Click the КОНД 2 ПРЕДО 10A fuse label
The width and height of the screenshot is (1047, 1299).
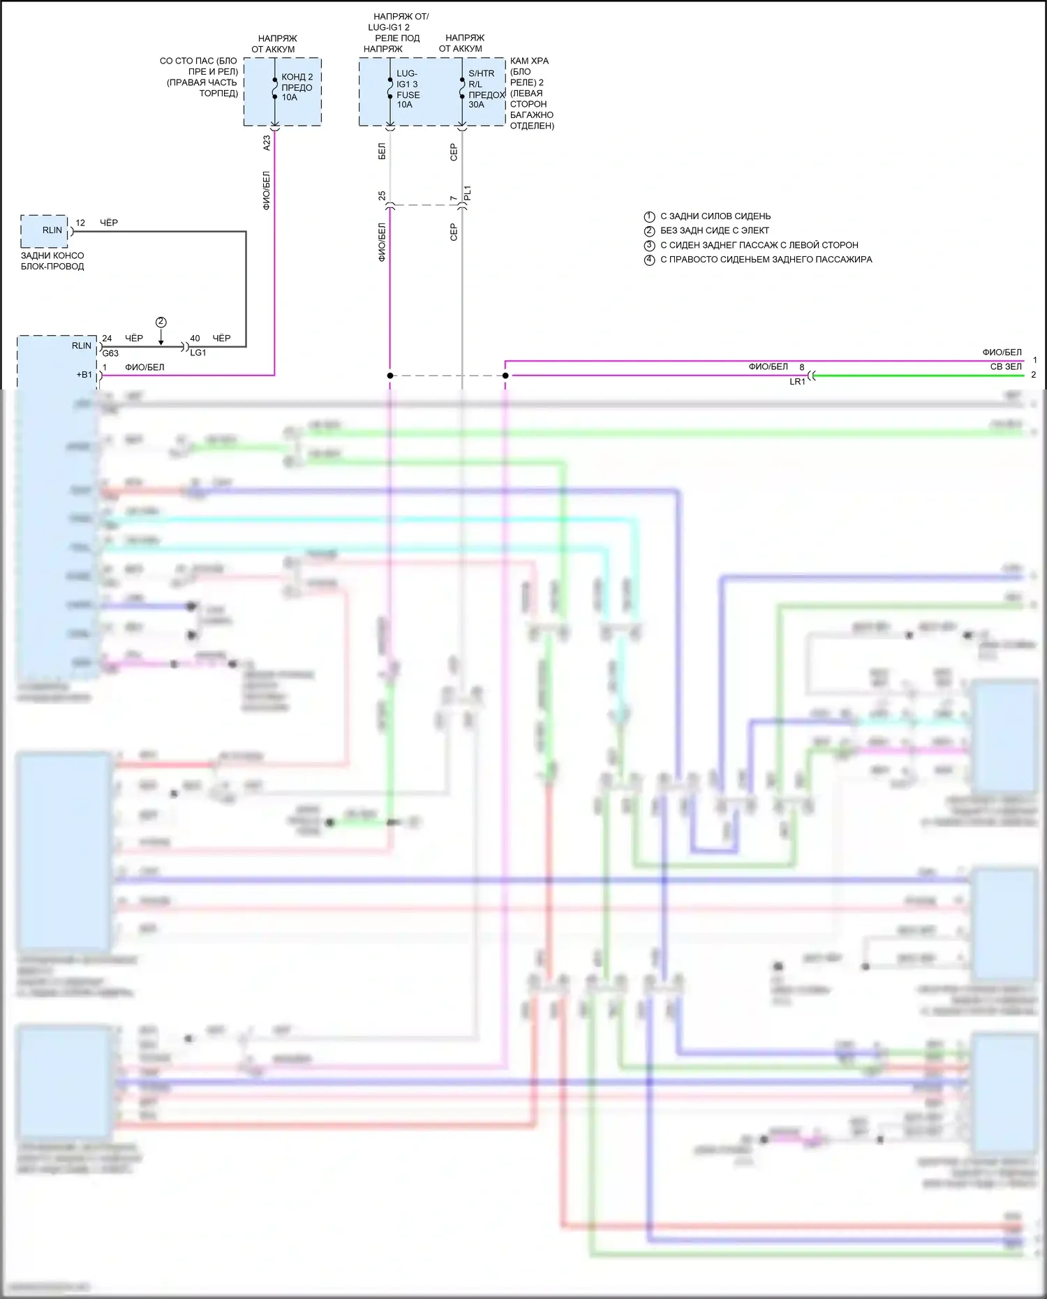point(297,87)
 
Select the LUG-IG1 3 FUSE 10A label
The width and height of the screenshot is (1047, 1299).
point(408,89)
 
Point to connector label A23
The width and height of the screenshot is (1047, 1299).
point(267,142)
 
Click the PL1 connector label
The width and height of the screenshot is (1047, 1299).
point(468,193)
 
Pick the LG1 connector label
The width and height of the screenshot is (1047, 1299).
point(198,352)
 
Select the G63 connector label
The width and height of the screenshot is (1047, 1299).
point(110,353)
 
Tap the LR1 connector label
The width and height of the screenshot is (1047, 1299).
point(797,382)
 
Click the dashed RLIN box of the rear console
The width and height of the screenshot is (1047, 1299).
point(45,231)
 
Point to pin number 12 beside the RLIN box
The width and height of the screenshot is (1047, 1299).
point(80,223)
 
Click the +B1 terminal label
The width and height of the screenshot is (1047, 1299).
point(84,375)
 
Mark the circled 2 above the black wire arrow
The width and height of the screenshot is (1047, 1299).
point(161,322)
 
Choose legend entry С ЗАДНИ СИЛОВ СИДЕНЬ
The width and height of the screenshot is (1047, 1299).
point(715,216)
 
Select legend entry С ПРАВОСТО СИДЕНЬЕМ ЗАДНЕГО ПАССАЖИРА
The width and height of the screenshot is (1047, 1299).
point(765,260)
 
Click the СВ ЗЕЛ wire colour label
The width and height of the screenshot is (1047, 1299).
point(1006,366)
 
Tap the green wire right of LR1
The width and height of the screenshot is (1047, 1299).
point(921,376)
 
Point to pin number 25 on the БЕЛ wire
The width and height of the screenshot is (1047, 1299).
point(382,195)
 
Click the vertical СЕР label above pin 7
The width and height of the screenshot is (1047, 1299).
point(454,152)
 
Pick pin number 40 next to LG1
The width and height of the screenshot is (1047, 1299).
point(195,338)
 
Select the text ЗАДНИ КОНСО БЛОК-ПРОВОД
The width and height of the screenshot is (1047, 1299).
point(52,261)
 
